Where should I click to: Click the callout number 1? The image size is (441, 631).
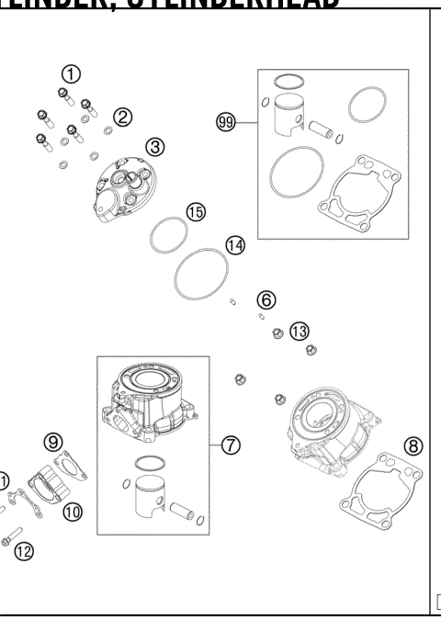72,73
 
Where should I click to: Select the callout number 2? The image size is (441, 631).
123,116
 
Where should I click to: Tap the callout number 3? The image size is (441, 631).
155,146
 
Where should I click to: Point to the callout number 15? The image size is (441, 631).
195,211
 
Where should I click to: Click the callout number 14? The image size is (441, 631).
235,245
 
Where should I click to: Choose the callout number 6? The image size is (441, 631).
266,299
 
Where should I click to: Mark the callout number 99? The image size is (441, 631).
226,121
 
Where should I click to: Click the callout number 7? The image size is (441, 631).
231,444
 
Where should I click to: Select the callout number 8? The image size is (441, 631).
414,446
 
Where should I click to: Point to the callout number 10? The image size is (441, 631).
72,511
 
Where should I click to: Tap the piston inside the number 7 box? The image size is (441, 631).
151,501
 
